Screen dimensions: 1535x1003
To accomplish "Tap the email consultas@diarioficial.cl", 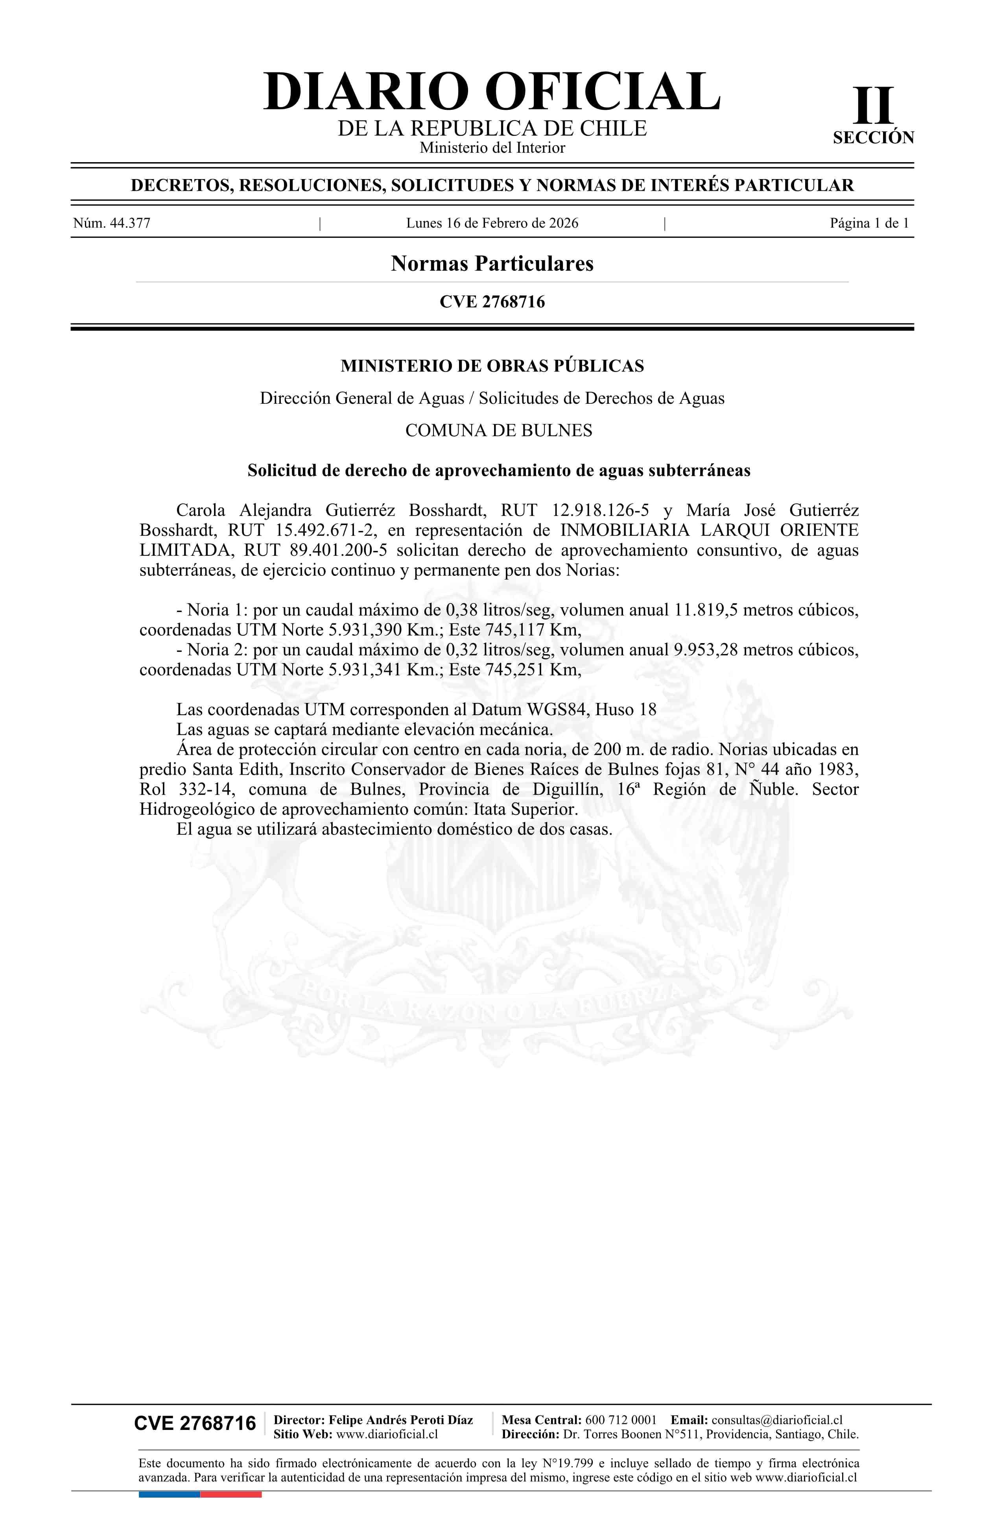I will (x=777, y=1420).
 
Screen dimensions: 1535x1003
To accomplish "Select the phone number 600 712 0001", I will (x=620, y=1420).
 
